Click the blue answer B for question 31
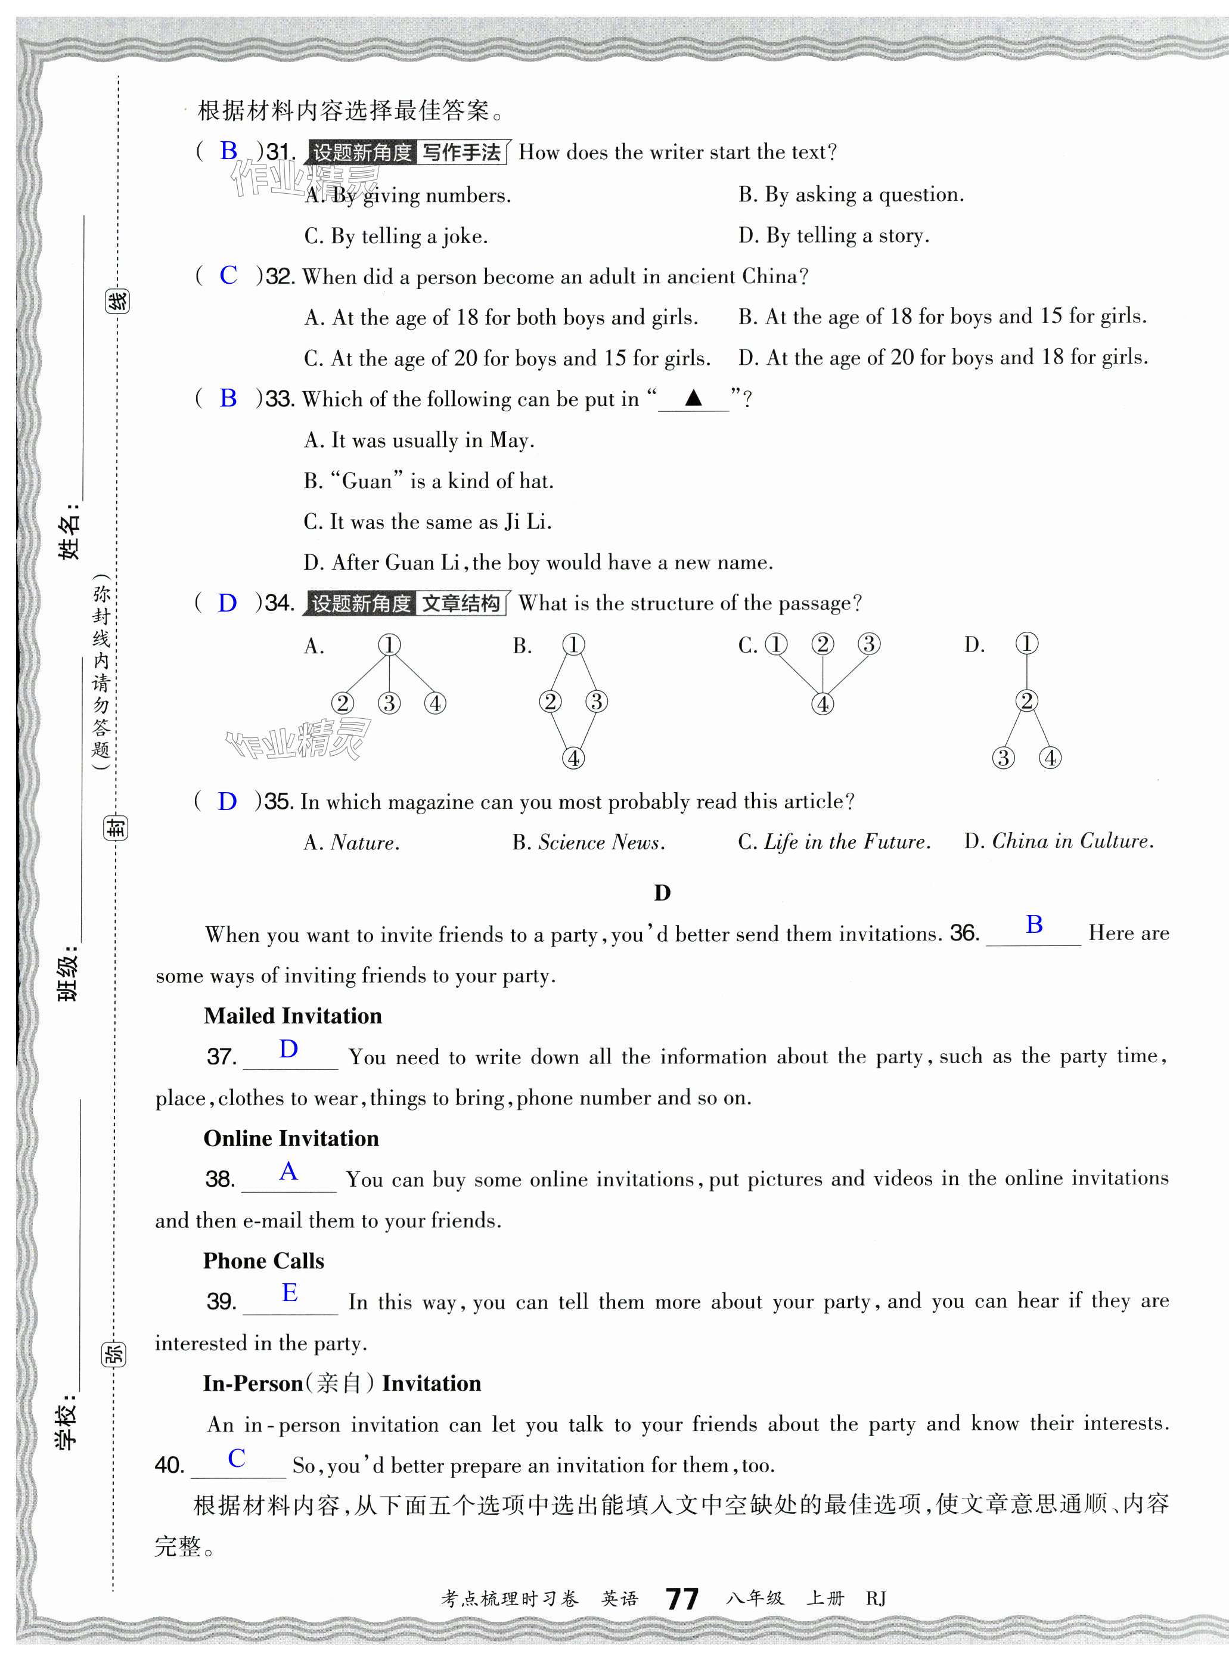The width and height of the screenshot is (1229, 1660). click(228, 151)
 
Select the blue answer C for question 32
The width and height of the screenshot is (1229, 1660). click(228, 275)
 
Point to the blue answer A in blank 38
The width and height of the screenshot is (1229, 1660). click(288, 1172)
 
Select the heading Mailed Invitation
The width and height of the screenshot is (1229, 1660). click(293, 1016)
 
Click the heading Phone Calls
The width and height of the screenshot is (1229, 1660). click(263, 1261)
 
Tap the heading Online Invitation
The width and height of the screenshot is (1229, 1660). click(291, 1138)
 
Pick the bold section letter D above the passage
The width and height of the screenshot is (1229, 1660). click(662, 893)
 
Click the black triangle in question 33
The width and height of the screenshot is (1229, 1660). click(693, 398)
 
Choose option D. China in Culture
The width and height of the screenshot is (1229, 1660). click(1059, 842)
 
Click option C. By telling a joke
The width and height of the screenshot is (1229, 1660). click(396, 237)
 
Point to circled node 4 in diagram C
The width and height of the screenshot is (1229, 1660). click(822, 703)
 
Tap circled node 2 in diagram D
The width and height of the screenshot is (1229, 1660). click(1026, 700)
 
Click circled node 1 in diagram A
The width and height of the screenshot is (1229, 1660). click(389, 644)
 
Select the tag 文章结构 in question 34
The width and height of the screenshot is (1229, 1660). click(461, 603)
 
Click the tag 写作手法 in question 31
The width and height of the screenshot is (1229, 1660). click(461, 153)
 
